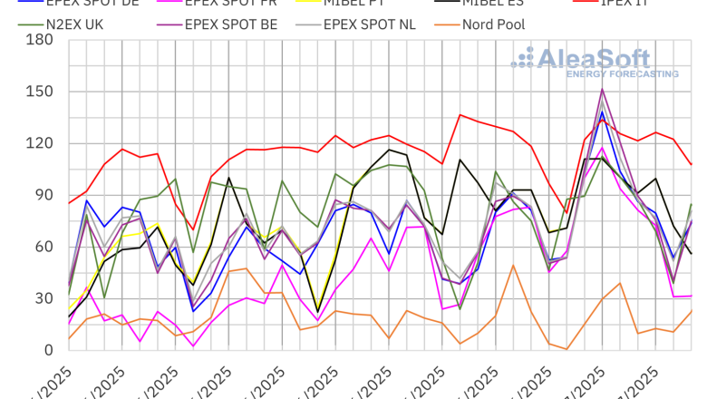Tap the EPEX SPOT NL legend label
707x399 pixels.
pyautogui.click(x=371, y=24)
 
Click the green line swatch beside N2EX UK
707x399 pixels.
pyautogui.click(x=33, y=24)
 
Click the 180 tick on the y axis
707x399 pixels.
pyautogui.click(x=40, y=40)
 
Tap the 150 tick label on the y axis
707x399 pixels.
pyautogui.click(x=40, y=92)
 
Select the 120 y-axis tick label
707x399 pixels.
pyautogui.click(x=40, y=143)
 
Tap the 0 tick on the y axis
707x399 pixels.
pyautogui.click(x=49, y=350)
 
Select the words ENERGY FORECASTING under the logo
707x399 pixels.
pyautogui.click(x=622, y=73)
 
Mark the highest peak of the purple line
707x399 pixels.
pyautogui.click(x=602, y=89)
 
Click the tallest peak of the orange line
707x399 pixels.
pyautogui.click(x=513, y=265)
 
